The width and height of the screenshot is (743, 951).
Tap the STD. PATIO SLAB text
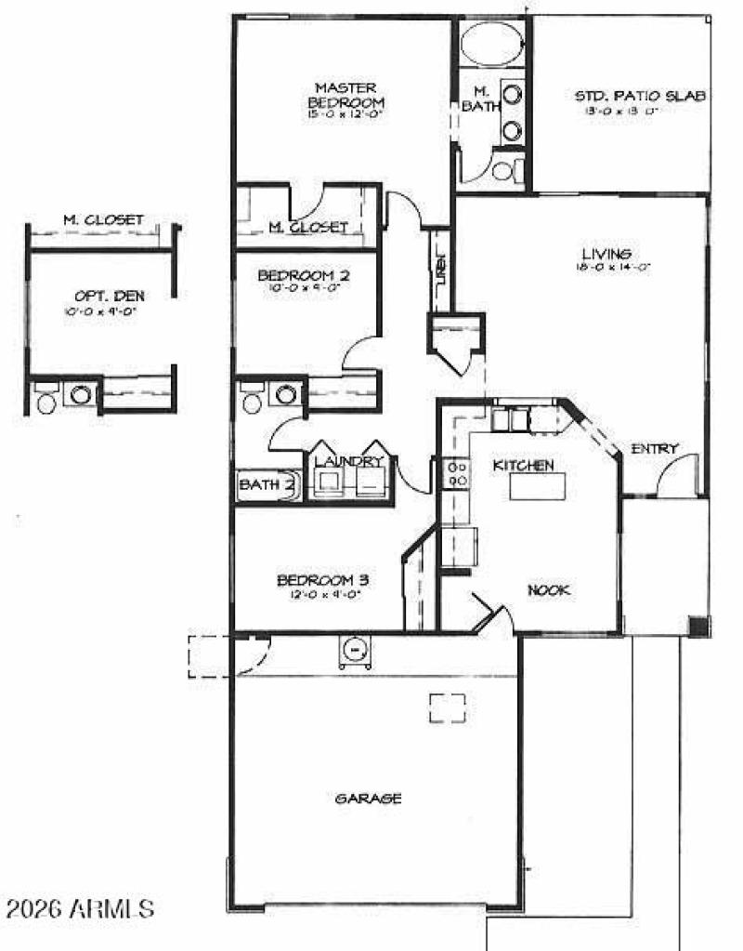click(x=640, y=96)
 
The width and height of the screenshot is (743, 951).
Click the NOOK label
click(x=549, y=589)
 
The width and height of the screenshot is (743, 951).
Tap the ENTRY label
click(x=655, y=449)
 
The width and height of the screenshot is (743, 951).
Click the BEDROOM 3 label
click(x=319, y=581)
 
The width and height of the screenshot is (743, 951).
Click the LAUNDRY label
click(x=348, y=461)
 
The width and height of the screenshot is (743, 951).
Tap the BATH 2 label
click(x=267, y=483)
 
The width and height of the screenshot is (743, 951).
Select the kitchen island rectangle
click(x=537, y=486)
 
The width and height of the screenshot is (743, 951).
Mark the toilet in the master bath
click(x=504, y=170)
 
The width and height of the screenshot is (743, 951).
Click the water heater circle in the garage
click(x=355, y=650)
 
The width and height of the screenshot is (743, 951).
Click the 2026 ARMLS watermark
click(x=79, y=906)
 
